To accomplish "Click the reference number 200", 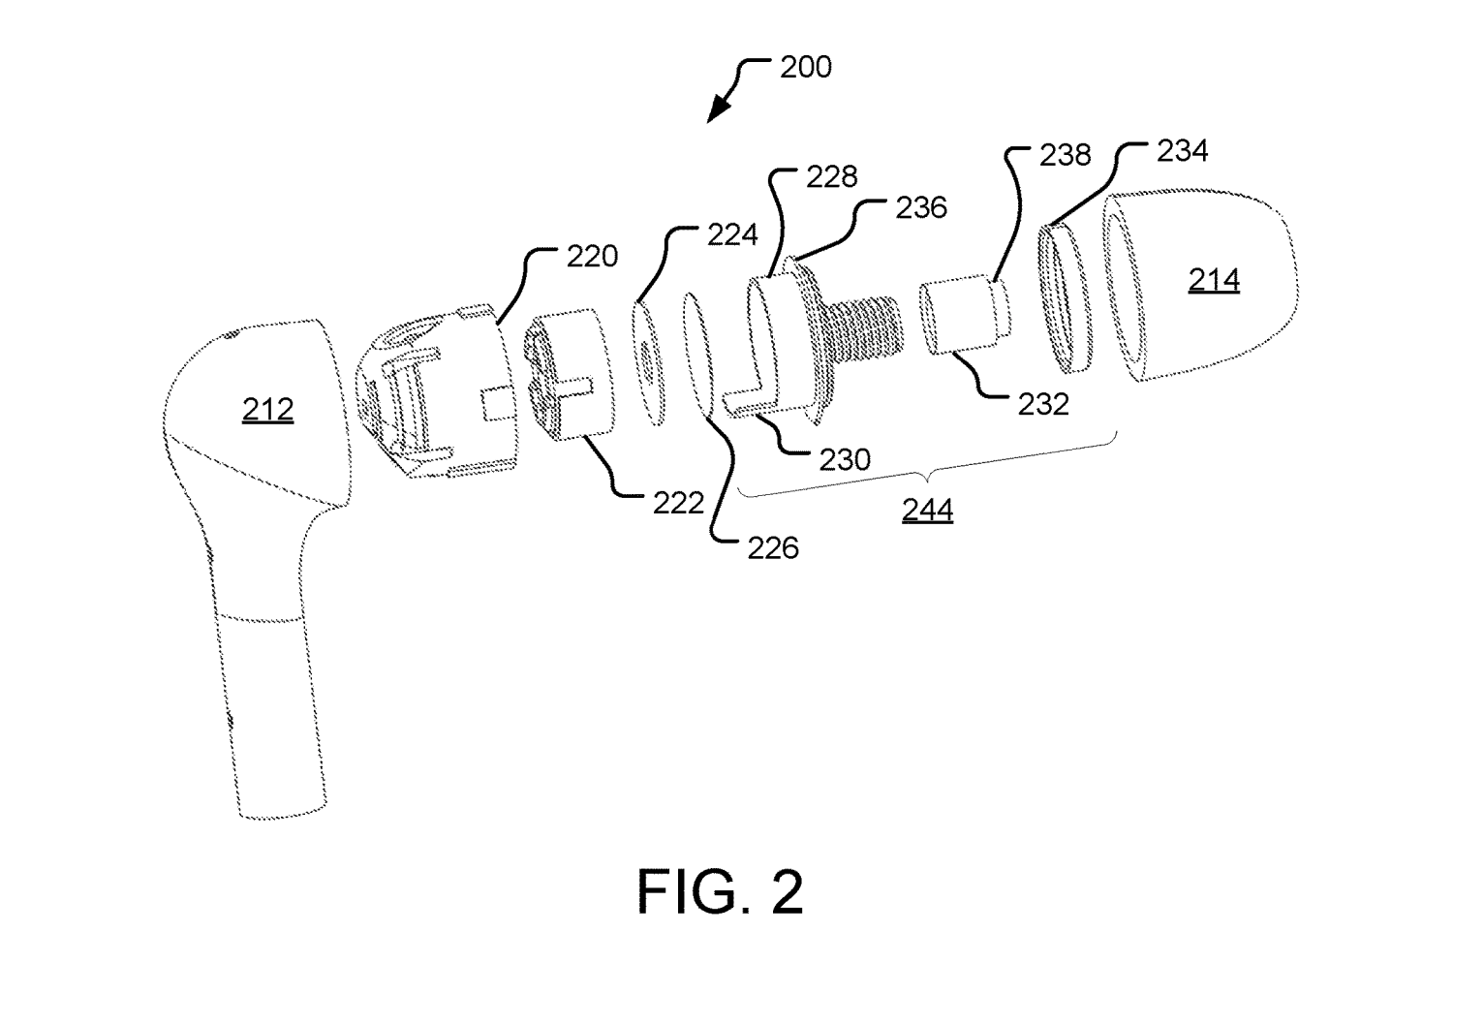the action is tap(805, 68).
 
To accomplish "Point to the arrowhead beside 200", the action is tap(718, 110).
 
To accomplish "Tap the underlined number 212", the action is tap(267, 410).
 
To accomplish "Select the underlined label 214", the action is tap(1214, 280).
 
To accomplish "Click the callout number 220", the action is tap(592, 256).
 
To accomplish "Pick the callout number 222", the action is tap(678, 504).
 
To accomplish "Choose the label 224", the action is tap(732, 234).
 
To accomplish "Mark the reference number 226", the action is tap(773, 548).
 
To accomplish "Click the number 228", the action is tap(831, 176).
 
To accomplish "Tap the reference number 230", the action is tap(845, 459).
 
